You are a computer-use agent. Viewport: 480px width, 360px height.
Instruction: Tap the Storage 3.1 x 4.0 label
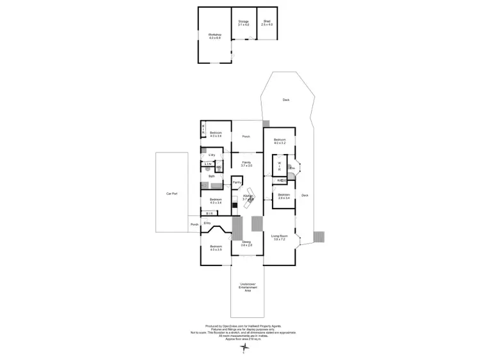(x=243, y=23)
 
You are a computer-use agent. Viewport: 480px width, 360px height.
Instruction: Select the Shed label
(x=267, y=23)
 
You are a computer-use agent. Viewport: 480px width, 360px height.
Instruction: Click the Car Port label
(x=172, y=192)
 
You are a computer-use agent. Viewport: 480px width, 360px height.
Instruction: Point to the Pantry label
(x=237, y=182)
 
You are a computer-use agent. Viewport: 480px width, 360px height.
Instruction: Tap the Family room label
(x=246, y=164)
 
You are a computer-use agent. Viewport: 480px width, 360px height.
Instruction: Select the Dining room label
(x=246, y=244)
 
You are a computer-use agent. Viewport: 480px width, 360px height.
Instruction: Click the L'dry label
(x=211, y=155)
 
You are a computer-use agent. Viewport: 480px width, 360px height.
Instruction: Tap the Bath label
(x=211, y=176)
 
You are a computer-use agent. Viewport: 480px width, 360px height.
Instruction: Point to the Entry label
(x=207, y=223)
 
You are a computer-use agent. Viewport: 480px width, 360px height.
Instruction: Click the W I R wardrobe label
(x=279, y=166)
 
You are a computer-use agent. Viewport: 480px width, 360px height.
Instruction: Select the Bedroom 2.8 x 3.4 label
(x=284, y=196)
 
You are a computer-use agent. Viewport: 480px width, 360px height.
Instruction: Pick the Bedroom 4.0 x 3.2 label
(x=280, y=141)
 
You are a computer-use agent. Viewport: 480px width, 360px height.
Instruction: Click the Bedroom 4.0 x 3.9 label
(x=215, y=248)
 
